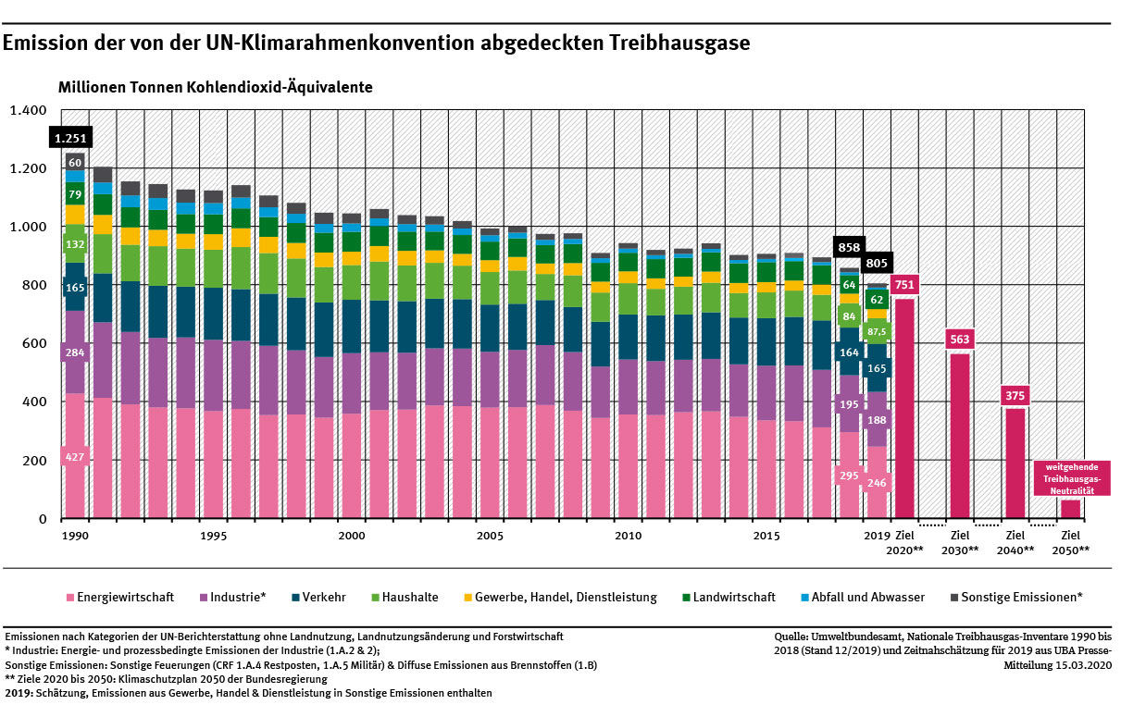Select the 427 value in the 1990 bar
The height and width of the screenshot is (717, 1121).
[74, 457]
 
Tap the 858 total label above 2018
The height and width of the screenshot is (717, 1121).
[850, 248]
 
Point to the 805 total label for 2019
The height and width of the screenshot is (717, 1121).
[877, 263]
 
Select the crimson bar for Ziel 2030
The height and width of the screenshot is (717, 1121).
[960, 435]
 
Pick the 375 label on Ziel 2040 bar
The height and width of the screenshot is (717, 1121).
[1015, 395]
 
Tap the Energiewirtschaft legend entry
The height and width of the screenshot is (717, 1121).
[120, 598]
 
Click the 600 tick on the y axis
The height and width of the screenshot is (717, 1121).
[33, 343]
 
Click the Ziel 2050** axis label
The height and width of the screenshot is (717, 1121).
[1071, 542]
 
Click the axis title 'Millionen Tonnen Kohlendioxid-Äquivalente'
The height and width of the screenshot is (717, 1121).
[215, 88]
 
